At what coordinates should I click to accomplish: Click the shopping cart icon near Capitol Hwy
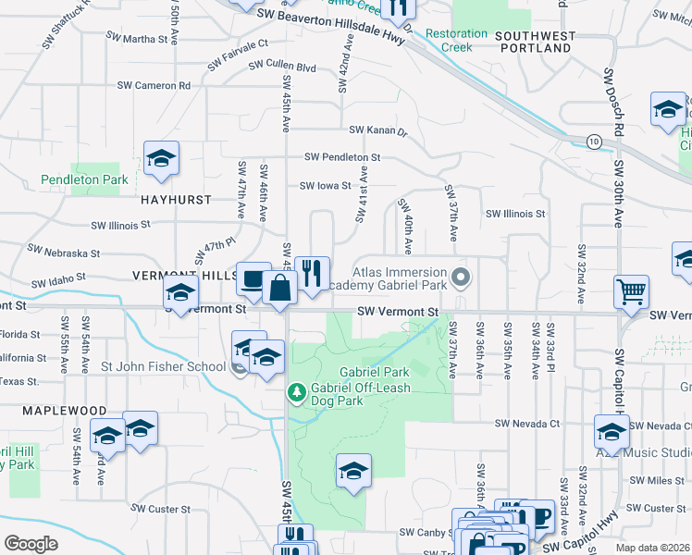click(631, 292)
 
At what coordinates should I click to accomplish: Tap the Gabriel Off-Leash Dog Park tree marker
click(297, 393)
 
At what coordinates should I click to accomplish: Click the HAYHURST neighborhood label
click(176, 199)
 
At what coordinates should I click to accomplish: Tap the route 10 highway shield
click(593, 141)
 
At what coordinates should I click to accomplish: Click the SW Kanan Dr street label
click(377, 131)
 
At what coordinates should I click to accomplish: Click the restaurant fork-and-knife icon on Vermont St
click(313, 273)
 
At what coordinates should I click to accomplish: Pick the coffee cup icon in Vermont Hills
click(253, 278)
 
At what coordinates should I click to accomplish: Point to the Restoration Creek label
click(456, 40)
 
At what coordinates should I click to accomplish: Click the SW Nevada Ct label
click(527, 423)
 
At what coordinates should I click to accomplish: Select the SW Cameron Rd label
click(154, 85)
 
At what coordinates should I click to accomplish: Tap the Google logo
click(31, 544)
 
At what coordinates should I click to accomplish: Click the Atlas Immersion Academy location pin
click(461, 277)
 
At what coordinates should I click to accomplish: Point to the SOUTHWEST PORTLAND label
click(535, 42)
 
